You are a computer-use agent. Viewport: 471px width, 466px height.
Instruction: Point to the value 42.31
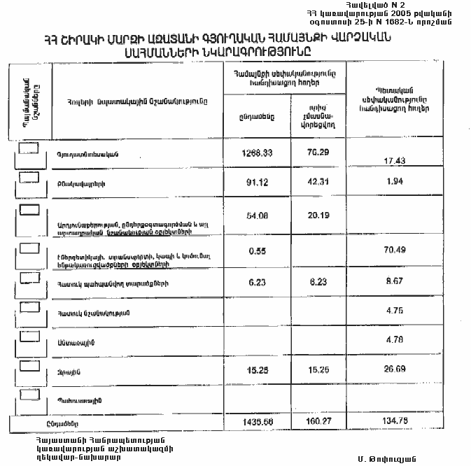pyautogui.click(x=318, y=185)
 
